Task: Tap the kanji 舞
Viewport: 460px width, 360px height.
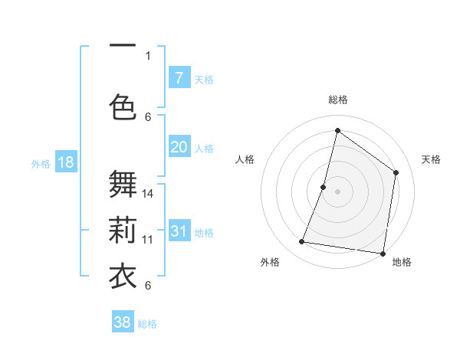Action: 123,185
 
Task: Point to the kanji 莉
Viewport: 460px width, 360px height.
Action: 123,230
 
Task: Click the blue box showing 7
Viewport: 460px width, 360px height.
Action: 179,78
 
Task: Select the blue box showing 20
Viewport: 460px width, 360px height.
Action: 179,148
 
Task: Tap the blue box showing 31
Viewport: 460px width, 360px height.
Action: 179,232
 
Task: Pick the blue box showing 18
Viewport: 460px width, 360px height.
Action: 65,162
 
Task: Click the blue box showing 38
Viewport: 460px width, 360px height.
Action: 123,322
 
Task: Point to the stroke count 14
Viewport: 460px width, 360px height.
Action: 149,193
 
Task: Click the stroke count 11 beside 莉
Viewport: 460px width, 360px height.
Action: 149,239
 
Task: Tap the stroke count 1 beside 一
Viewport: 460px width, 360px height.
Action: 148,55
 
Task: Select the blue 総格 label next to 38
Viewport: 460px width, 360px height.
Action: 147,324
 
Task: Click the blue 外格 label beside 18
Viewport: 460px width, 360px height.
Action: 41,163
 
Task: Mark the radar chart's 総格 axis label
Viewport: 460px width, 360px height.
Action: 338,100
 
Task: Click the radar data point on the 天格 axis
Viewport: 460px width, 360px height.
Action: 396,172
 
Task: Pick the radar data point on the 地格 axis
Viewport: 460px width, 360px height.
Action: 383,254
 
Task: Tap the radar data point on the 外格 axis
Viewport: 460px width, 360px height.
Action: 302,242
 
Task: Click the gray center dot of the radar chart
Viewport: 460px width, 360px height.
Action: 337,191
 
